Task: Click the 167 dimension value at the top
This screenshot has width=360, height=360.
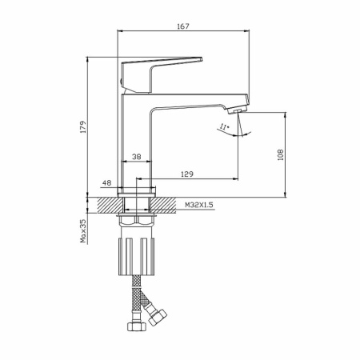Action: (183, 26)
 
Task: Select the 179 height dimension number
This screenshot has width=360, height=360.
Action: (83, 127)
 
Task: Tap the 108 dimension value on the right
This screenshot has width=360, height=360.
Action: (280, 154)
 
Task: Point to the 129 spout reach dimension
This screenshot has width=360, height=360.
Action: (187, 174)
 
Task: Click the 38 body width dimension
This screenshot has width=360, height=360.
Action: (136, 157)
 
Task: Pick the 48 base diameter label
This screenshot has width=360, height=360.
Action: (106, 183)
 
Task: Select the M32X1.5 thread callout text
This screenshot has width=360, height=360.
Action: (199, 205)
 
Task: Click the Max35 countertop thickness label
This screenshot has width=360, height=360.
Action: (83, 231)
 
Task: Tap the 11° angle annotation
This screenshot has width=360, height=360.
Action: (225, 126)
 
